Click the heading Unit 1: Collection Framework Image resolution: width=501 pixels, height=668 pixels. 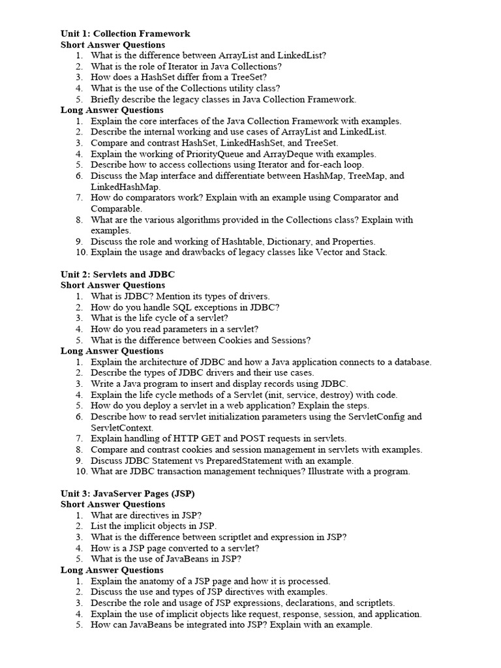pyautogui.click(x=125, y=33)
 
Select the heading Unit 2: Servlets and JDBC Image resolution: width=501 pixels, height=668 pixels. pyautogui.click(x=117, y=274)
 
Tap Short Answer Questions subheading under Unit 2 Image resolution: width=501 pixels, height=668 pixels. pyautogui.click(x=112, y=285)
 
